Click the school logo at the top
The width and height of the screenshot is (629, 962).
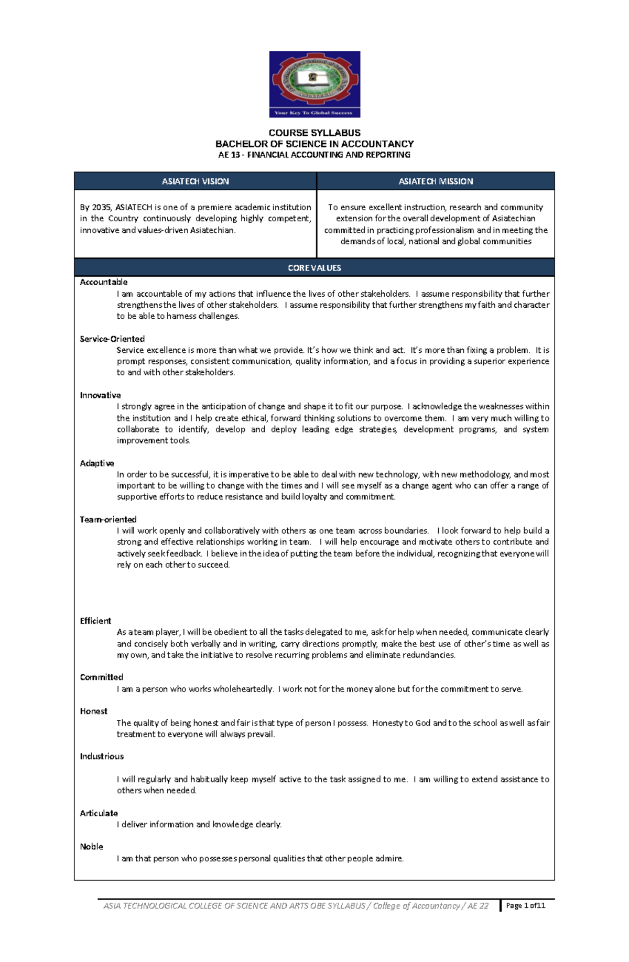point(314,84)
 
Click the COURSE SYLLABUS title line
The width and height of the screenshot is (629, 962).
point(314,133)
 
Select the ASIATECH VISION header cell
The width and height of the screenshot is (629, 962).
point(195,181)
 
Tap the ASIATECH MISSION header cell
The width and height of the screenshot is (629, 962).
point(436,181)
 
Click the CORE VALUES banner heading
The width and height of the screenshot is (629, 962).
point(314,268)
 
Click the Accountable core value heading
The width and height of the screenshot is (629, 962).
point(103,282)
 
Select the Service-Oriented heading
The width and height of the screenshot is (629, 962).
point(112,339)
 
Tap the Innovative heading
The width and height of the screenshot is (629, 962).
point(100,395)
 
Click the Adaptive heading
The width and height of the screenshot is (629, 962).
point(97,463)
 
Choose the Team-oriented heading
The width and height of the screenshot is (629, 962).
point(108,520)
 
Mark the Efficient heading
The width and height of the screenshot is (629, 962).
point(95,621)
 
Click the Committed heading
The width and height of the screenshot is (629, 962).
point(101,677)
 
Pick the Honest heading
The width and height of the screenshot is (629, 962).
point(93,711)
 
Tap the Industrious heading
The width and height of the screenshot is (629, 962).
point(102,756)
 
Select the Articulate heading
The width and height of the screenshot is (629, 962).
point(99,813)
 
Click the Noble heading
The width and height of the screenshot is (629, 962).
point(91,847)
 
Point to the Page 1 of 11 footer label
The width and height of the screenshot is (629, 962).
point(526,905)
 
